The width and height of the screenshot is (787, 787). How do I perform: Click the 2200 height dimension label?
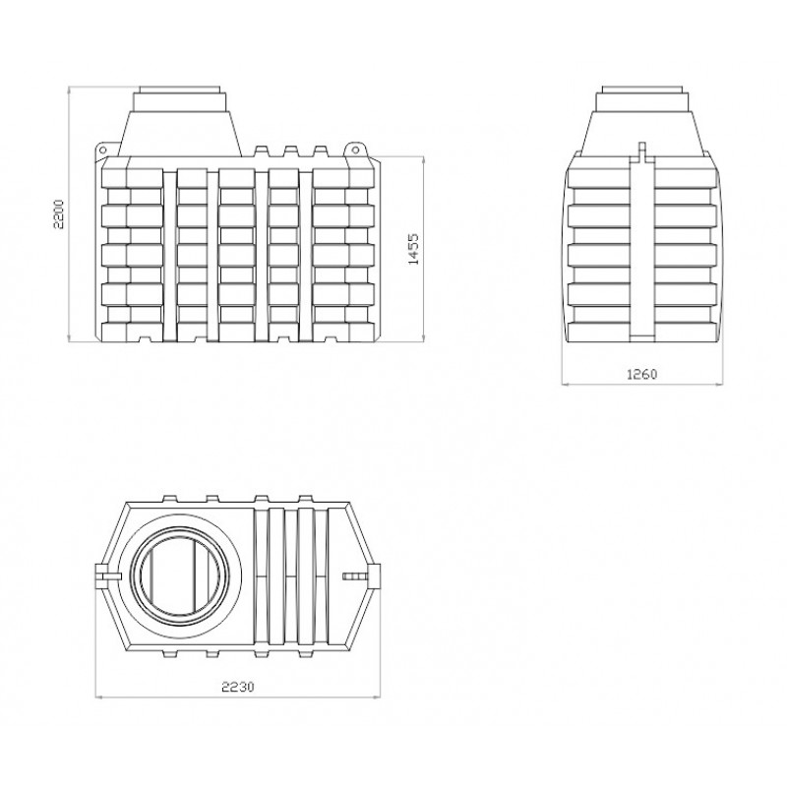pyautogui.click(x=59, y=214)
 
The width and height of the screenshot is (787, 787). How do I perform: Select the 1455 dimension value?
pyautogui.click(x=413, y=249)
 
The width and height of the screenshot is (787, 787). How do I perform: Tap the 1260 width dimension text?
pyautogui.click(x=642, y=374)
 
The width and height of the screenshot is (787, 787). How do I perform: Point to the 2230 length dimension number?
pyautogui.click(x=238, y=686)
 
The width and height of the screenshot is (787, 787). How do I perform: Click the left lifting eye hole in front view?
pyautogui.click(x=103, y=150)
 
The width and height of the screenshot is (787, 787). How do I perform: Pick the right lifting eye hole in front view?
pyautogui.click(x=355, y=150)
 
